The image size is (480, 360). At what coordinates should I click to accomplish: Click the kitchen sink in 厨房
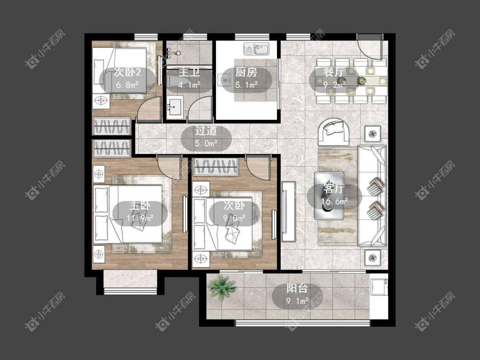[x=256, y=49]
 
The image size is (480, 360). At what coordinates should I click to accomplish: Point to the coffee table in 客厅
[x=329, y=196]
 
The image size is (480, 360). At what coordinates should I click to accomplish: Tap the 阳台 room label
[x=297, y=288]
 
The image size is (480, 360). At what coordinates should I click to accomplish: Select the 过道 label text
[x=206, y=131]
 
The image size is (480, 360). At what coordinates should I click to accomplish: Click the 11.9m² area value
[x=140, y=218]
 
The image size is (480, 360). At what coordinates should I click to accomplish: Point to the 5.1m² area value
[x=247, y=84]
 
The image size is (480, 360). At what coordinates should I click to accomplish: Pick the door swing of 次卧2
[x=149, y=108]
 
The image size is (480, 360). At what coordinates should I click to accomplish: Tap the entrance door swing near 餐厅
[x=370, y=47]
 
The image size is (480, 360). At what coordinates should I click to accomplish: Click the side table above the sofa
[x=372, y=134]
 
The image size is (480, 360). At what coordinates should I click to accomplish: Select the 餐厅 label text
[x=334, y=72]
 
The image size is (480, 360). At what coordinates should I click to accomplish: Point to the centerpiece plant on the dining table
[x=362, y=81]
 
